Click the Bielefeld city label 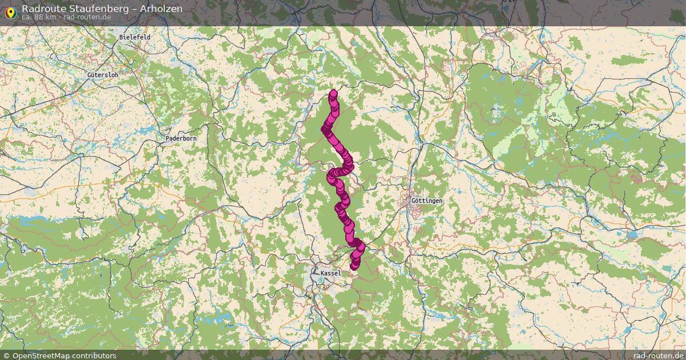pos(135,37)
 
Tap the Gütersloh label pos(103,75)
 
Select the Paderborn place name pos(181,139)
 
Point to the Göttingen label pos(426,201)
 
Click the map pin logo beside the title pos(10,11)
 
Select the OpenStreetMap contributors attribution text pos(64,355)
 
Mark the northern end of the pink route pos(333,94)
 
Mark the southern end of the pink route pos(354,265)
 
